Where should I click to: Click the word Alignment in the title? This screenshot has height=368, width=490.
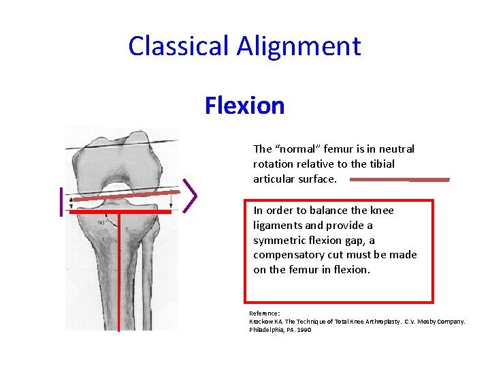pos(299,46)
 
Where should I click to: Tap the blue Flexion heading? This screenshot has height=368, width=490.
pos(244,106)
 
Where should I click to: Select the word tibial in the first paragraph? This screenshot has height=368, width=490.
pos(379,164)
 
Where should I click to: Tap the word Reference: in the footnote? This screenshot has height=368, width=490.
pos(265,313)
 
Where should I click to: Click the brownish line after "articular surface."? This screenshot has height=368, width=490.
pos(399,180)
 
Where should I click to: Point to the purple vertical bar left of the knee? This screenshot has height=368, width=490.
pos(61,201)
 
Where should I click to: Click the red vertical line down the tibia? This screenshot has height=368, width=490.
pos(119,273)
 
